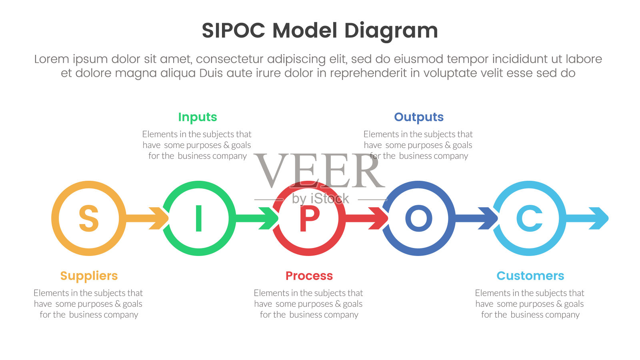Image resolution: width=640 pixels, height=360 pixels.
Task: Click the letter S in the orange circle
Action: click(88, 218)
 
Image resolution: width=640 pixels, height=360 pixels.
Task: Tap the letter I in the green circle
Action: click(198, 218)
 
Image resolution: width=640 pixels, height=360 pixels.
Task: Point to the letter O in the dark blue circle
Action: click(419, 218)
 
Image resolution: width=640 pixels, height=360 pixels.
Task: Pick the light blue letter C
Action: click(529, 218)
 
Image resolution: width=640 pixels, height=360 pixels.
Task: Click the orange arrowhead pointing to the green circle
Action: click(159, 218)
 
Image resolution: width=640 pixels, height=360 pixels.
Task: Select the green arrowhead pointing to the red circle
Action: click(269, 218)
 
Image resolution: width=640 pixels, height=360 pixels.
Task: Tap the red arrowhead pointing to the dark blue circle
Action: click(379, 218)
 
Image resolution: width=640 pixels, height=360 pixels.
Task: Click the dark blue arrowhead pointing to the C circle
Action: click(488, 218)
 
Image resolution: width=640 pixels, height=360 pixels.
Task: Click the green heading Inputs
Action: click(198, 117)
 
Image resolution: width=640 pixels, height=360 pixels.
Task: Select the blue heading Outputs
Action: click(419, 117)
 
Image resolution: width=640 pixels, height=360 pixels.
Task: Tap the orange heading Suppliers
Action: click(89, 276)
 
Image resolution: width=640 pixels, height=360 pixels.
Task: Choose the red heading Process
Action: click(309, 276)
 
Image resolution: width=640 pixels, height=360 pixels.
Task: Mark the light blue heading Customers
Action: click(530, 276)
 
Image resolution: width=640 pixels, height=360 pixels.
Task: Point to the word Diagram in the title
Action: click(391, 31)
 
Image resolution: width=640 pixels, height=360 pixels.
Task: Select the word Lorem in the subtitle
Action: click(52, 59)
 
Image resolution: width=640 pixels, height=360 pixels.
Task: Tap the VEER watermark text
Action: click(319, 171)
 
